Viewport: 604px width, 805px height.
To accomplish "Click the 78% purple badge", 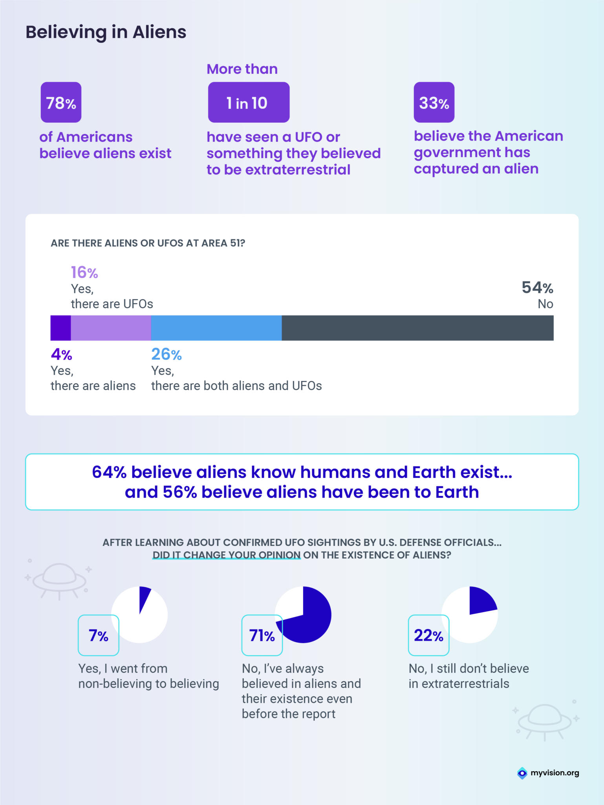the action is [x=61, y=102].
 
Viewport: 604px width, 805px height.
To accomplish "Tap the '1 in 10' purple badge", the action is [x=249, y=102].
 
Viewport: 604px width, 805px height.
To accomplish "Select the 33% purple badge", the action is [x=434, y=102].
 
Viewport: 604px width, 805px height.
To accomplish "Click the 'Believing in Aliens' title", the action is [x=106, y=32].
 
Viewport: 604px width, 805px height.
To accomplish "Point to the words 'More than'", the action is [x=242, y=69].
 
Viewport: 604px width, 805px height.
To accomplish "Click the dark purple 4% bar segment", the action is [x=60, y=328].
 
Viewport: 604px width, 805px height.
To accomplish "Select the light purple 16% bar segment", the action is [x=111, y=328].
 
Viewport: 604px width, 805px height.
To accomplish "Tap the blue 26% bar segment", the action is [x=216, y=328].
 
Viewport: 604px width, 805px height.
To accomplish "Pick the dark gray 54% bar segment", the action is [x=417, y=328].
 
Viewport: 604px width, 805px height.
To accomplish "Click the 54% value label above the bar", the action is [x=537, y=288].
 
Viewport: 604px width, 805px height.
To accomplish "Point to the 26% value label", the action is [x=167, y=355].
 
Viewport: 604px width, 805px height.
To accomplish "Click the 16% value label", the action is [x=84, y=272].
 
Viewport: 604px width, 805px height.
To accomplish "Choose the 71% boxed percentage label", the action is [x=262, y=635].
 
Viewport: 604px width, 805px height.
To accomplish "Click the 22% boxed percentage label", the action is [x=428, y=635].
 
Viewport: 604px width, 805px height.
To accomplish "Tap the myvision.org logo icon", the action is [x=522, y=773].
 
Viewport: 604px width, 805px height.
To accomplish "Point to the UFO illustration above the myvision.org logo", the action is [x=545, y=721].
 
